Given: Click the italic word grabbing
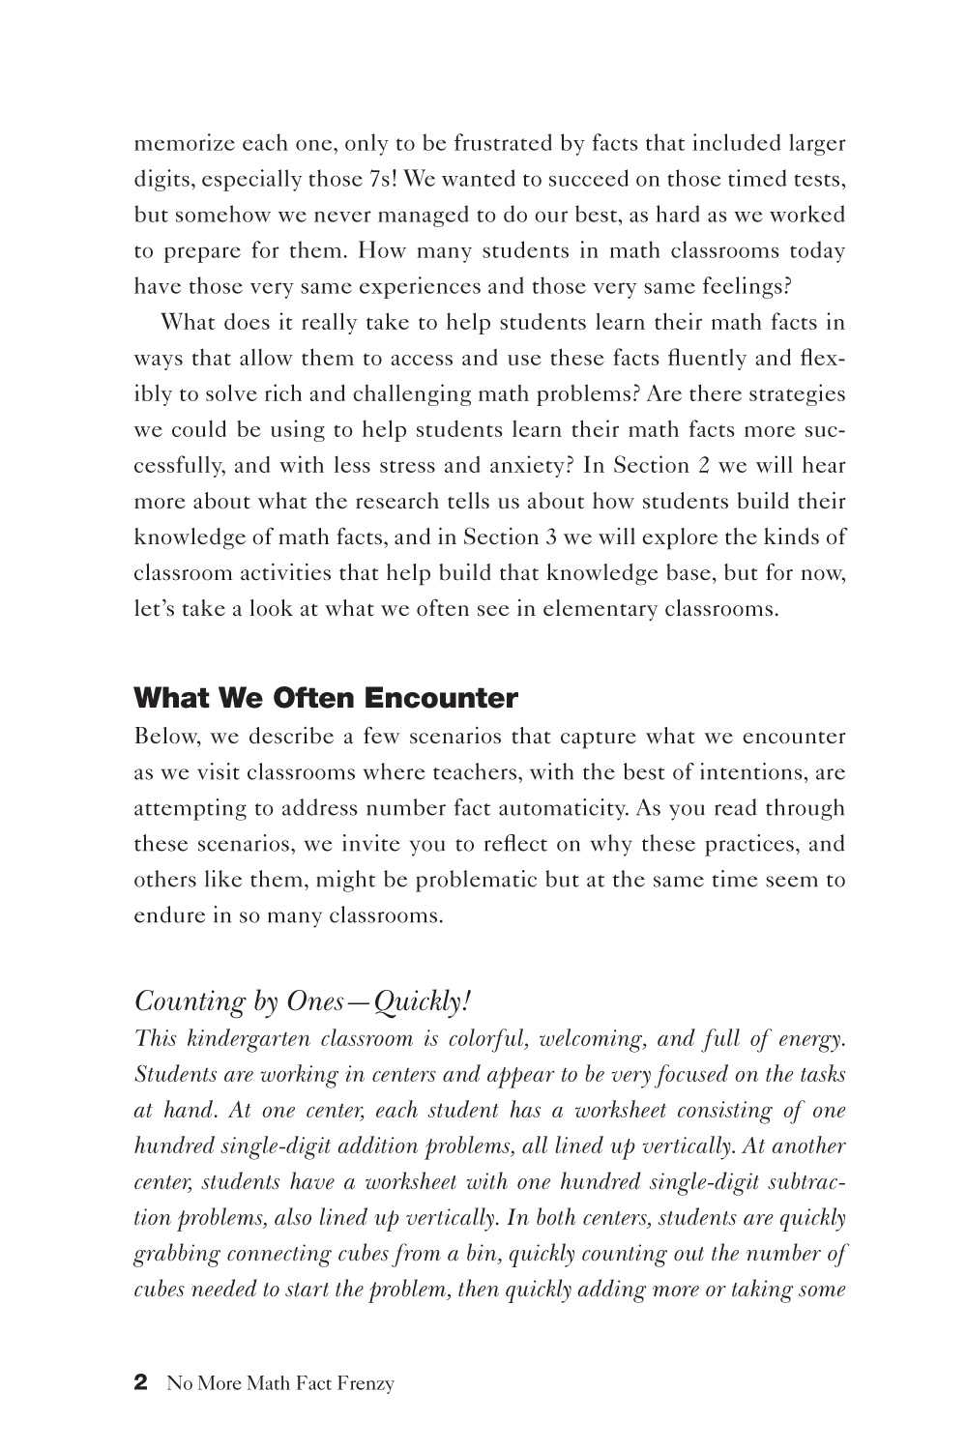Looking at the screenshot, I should tap(176, 1254).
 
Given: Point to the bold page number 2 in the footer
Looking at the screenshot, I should tap(140, 1382).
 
